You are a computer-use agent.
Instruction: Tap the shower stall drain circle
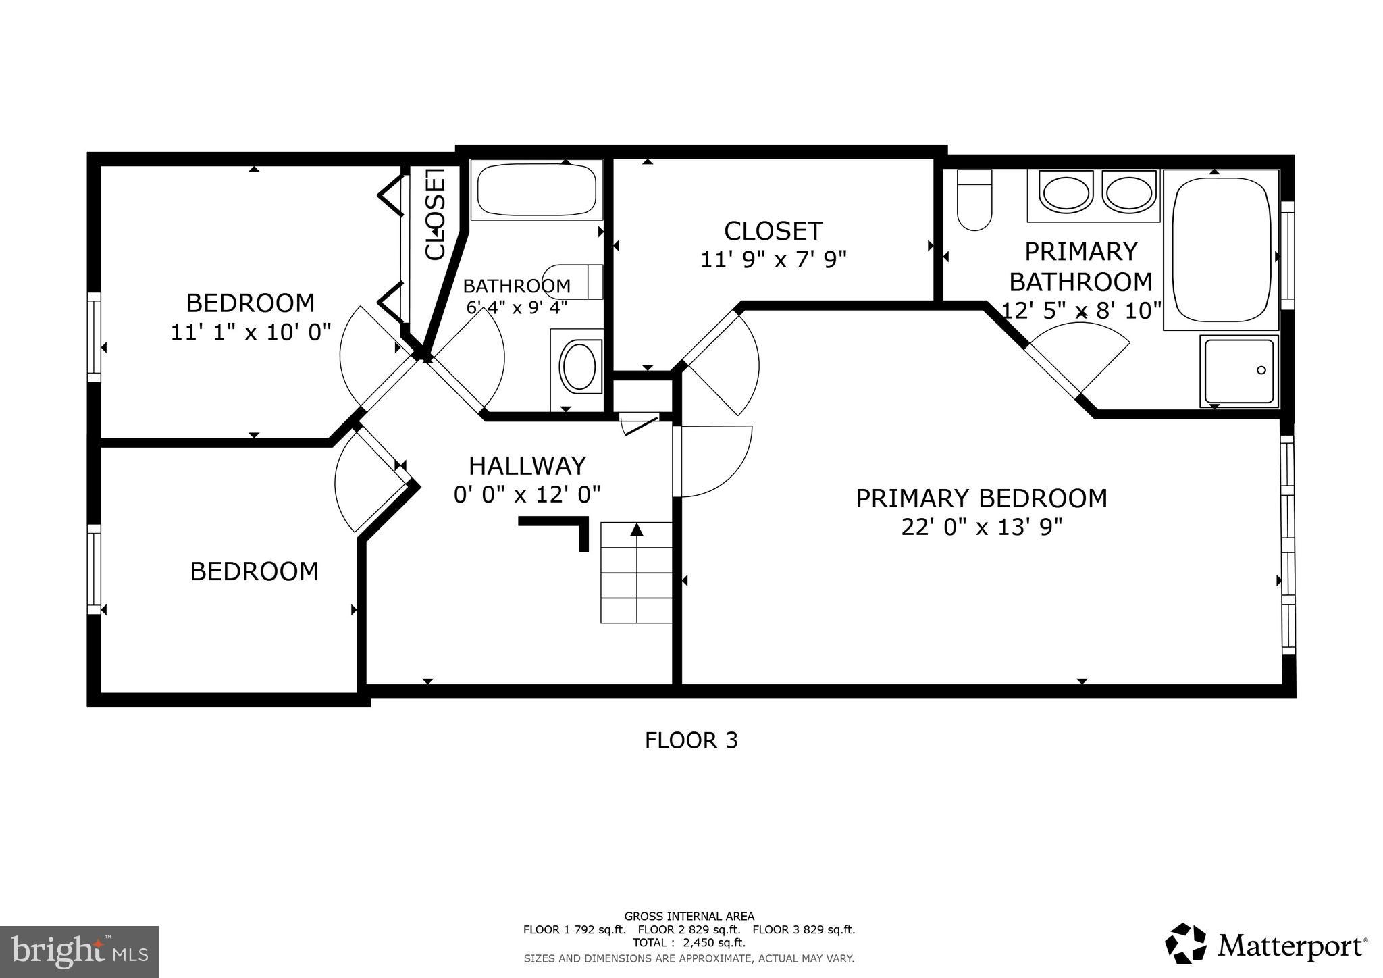click(1261, 370)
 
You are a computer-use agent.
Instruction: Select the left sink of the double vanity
click(1066, 192)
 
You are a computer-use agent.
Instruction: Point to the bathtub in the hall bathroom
click(537, 189)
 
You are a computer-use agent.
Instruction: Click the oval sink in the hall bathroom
click(579, 366)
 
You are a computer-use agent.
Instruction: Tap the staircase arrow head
click(636, 530)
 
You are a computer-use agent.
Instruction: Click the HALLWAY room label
click(527, 466)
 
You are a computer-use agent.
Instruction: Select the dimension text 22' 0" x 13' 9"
click(981, 527)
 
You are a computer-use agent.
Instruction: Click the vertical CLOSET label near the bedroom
click(436, 214)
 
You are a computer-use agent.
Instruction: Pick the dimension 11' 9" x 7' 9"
click(773, 259)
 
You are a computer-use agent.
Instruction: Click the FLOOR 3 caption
click(691, 741)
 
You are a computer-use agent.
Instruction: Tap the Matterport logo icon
click(1186, 944)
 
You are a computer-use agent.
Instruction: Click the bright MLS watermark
click(79, 952)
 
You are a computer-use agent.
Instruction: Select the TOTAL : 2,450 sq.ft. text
click(689, 943)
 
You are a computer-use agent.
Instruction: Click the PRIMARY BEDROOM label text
click(981, 498)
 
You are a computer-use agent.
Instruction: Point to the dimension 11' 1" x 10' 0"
click(251, 332)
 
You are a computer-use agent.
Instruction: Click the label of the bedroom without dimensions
click(254, 572)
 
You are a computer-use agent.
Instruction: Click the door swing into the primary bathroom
click(1080, 358)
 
